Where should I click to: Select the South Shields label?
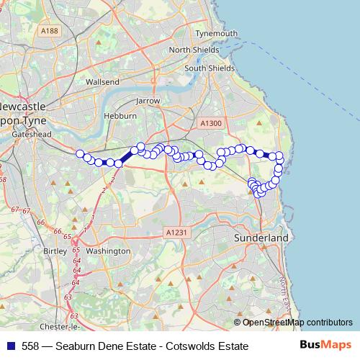[x=209, y=68]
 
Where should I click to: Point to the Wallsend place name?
[x=102, y=82]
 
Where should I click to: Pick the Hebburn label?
[x=120, y=116]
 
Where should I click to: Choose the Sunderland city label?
[x=261, y=238]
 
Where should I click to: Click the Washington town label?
[x=107, y=251]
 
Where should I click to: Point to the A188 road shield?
[x=50, y=31]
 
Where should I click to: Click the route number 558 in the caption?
[x=31, y=346]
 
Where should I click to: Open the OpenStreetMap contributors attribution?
[x=297, y=322]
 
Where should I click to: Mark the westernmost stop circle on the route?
[x=79, y=153]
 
